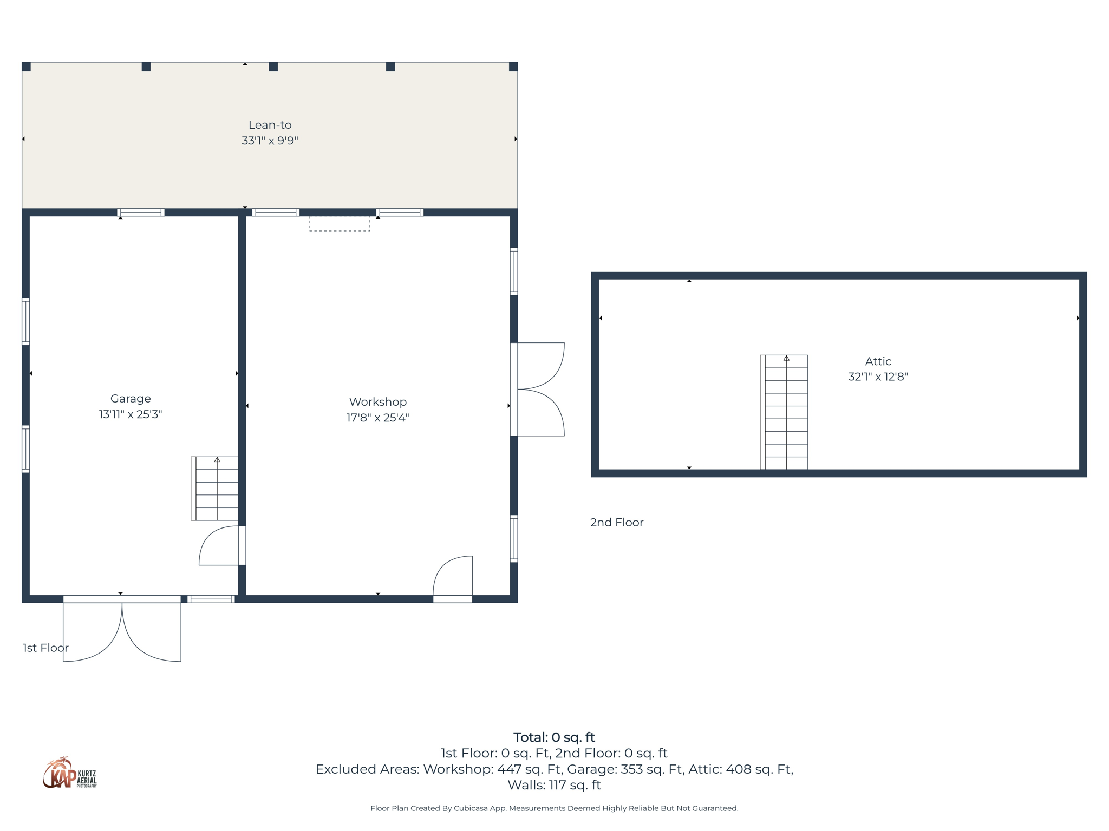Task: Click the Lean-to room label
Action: click(x=270, y=125)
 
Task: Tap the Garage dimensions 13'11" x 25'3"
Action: click(x=131, y=414)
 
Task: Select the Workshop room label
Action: click(x=377, y=401)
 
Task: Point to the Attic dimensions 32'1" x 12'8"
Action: click(x=878, y=377)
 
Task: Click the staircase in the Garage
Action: click(x=215, y=489)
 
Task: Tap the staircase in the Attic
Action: click(x=784, y=412)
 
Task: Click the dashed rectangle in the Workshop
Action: click(x=340, y=223)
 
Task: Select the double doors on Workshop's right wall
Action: click(x=539, y=389)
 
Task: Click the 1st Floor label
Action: click(x=45, y=648)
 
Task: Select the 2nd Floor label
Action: click(x=617, y=522)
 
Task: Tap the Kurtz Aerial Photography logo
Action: click(x=70, y=773)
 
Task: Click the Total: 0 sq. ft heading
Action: click(x=554, y=737)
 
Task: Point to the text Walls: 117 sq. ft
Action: click(x=554, y=785)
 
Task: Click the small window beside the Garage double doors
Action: click(x=211, y=599)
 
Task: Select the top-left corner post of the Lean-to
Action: click(x=27, y=67)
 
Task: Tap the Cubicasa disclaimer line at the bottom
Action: click(x=554, y=808)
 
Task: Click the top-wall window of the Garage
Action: click(x=141, y=213)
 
